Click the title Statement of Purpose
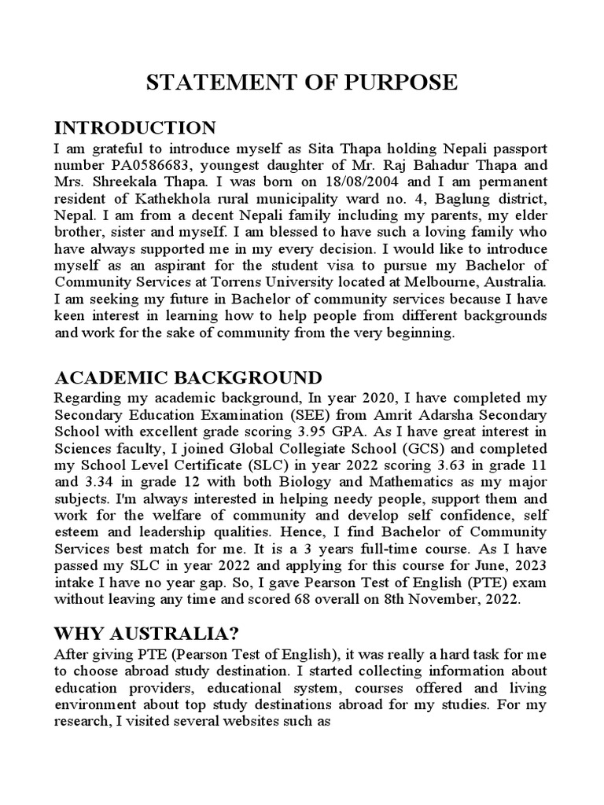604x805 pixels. click(301, 83)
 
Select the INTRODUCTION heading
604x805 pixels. click(134, 128)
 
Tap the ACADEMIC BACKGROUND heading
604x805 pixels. click(187, 377)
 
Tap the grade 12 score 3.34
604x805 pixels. click(110, 481)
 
